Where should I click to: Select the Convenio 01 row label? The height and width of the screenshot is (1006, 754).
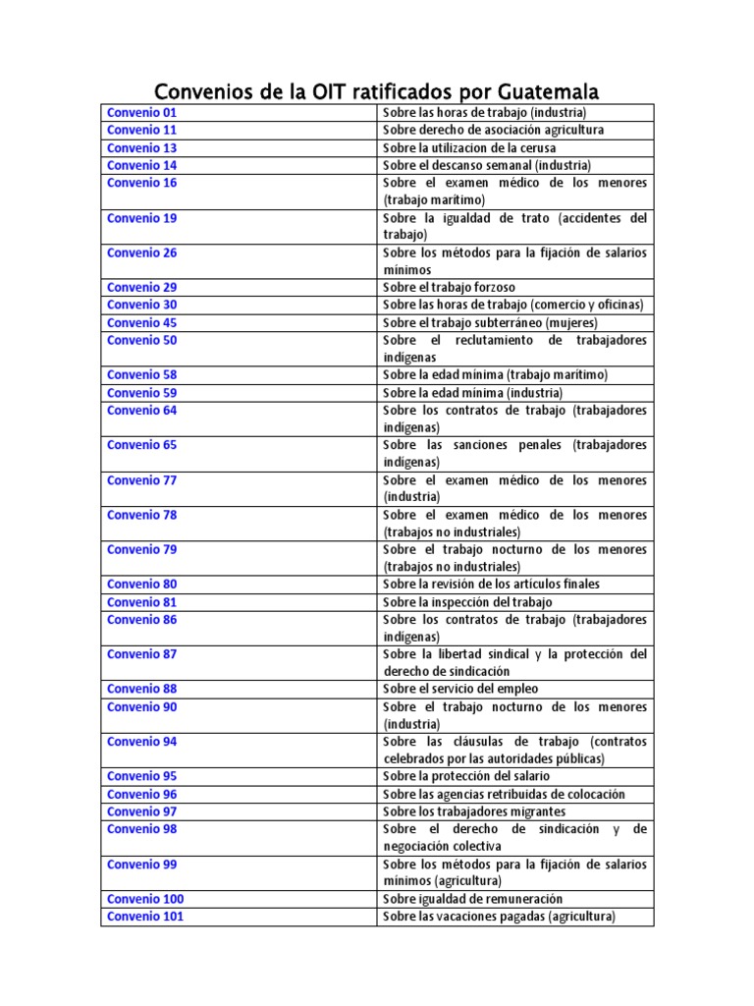point(141,113)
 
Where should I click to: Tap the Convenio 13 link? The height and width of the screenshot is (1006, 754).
point(141,147)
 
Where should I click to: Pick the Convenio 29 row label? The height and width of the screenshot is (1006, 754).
point(141,287)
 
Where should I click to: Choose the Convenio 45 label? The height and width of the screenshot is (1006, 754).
point(141,322)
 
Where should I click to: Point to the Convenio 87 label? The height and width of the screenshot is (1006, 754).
point(141,654)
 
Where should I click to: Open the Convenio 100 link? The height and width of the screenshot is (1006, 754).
point(145,899)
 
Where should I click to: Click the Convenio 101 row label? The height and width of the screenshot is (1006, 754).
point(145,917)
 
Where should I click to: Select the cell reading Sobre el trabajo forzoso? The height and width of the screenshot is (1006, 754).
point(449,288)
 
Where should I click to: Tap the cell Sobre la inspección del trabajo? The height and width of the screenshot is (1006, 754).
point(467,602)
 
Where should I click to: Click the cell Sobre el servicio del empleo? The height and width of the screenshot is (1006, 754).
point(460,689)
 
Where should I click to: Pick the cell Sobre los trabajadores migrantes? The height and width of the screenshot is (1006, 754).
point(474,811)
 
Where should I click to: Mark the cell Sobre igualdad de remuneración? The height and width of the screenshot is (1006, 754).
point(472,899)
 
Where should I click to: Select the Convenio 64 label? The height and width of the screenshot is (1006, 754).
point(141,410)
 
